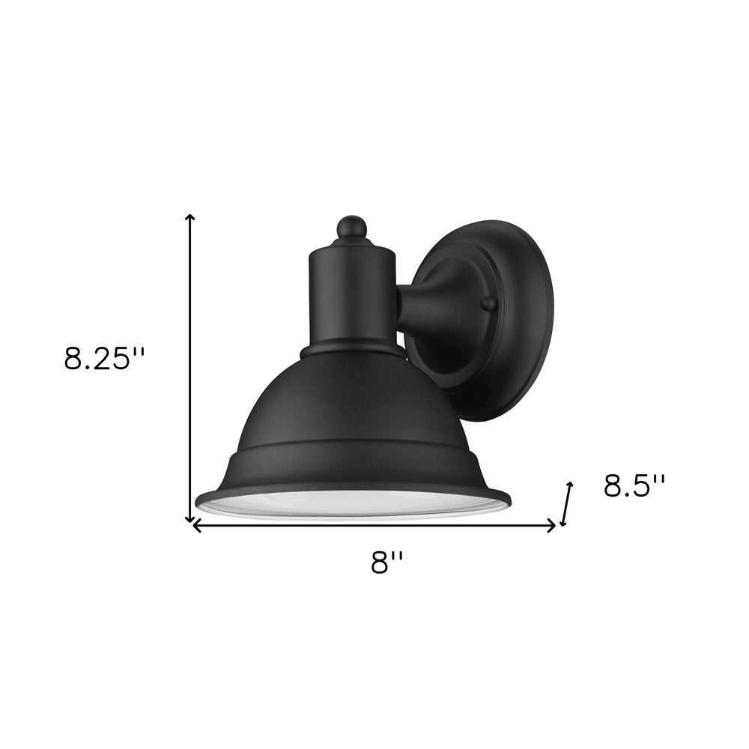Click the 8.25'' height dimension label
tap(103, 360)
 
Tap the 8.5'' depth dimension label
tap(634, 488)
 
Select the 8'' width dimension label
tap(387, 562)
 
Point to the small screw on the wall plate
tap(488, 303)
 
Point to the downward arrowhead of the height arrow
tap(190, 518)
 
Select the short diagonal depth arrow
tap(567, 503)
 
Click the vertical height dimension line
tap(190, 367)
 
